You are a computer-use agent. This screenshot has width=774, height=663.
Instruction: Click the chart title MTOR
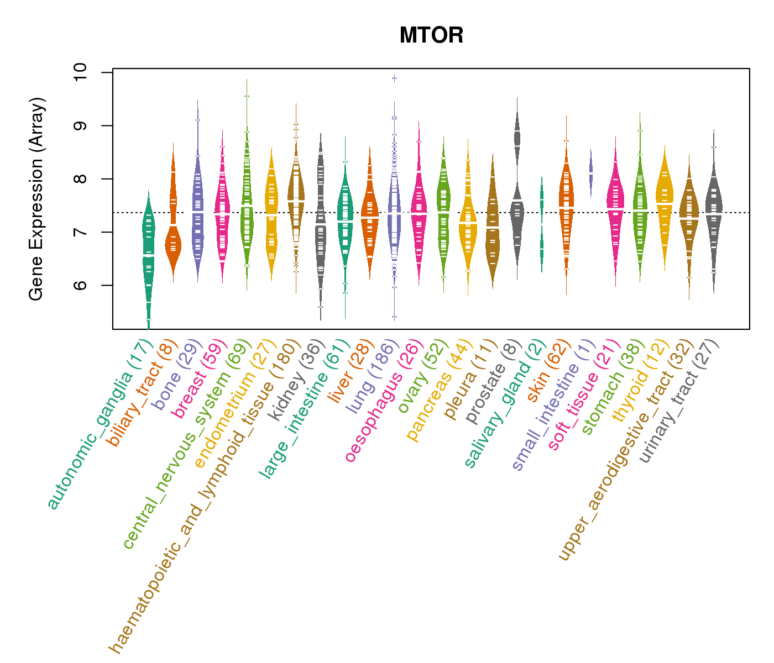431,36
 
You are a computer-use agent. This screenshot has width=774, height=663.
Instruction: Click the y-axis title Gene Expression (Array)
36,199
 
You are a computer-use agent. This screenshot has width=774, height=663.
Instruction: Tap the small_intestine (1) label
553,406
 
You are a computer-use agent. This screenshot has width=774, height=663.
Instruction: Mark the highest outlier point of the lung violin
394,78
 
